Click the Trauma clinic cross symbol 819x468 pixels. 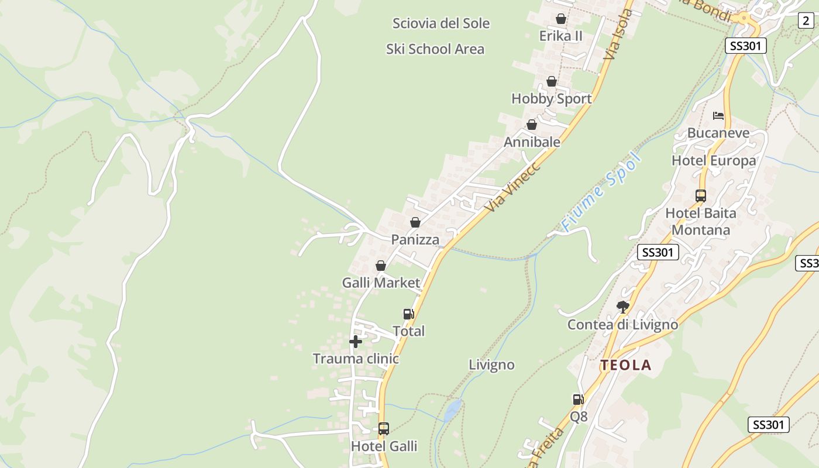pos(356,342)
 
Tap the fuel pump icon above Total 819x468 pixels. pos(408,314)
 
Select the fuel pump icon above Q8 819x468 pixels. pos(578,400)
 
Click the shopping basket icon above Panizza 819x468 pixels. pos(415,222)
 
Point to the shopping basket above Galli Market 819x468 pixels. pos(381,266)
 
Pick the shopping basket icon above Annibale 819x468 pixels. pos(532,125)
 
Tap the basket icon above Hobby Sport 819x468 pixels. pos(552,81)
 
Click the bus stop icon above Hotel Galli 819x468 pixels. pos(384,429)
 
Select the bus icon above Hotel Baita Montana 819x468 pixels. pos(701,196)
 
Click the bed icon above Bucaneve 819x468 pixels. pos(718,116)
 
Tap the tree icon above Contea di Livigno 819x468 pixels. pos(623,307)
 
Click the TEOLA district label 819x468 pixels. pos(625,366)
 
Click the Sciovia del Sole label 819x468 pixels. pos(441,23)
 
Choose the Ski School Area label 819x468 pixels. pos(435,49)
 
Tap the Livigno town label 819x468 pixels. pos(491,365)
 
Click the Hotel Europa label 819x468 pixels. pos(714,160)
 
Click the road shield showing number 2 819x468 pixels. pos(806,20)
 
